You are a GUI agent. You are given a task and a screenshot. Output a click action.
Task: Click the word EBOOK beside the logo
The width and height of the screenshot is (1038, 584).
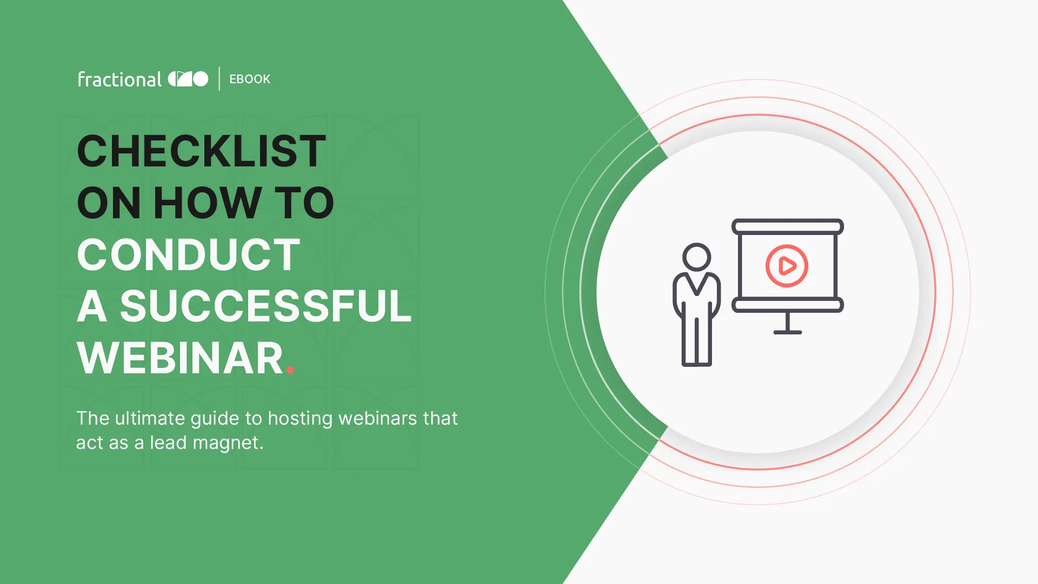click(250, 79)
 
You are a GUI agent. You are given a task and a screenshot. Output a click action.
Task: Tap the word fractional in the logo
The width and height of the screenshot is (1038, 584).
click(119, 79)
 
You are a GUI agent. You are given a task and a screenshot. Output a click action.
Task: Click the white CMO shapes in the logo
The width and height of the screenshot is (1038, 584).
click(188, 79)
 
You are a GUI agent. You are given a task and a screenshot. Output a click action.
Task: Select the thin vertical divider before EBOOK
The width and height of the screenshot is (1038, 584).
click(219, 79)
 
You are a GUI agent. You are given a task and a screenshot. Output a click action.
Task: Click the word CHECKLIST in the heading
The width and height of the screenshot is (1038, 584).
click(202, 151)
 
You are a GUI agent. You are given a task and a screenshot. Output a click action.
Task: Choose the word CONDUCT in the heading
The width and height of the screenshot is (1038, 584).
click(188, 254)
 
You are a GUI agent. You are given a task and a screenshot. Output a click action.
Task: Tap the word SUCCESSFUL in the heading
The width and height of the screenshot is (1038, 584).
click(265, 306)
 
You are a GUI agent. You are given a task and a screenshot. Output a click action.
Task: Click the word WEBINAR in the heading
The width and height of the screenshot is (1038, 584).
click(180, 358)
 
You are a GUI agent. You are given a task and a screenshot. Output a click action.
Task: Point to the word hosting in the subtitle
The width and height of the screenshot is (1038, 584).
click(300, 419)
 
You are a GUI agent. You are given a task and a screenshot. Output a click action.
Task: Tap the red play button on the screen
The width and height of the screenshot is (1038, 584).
click(787, 266)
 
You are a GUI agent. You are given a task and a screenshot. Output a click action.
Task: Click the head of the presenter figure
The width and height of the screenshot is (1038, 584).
click(696, 257)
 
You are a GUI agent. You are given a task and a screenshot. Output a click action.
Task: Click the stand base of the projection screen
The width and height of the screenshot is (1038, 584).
click(788, 332)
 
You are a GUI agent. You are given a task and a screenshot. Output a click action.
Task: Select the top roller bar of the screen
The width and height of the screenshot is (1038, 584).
click(788, 226)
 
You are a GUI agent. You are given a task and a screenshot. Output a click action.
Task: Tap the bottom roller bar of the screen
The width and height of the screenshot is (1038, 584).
click(788, 305)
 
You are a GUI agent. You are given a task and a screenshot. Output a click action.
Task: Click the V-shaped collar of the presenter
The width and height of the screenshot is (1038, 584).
click(696, 284)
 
